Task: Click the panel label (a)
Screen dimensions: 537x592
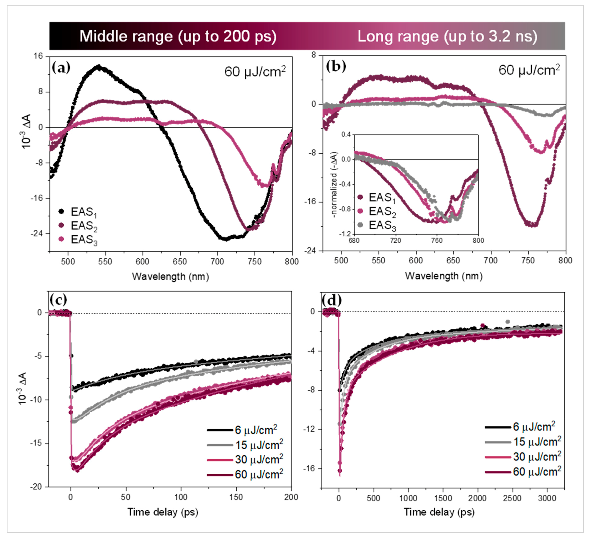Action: tap(61, 68)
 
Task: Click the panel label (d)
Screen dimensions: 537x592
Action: tap(332, 300)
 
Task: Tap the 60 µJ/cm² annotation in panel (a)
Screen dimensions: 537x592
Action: tap(255, 71)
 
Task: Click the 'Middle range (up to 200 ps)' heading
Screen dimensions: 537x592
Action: tap(178, 36)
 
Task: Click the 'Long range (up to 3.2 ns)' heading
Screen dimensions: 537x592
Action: tap(447, 36)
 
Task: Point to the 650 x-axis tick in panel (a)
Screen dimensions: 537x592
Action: tap(180, 261)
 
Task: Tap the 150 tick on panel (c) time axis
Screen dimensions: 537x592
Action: tap(236, 497)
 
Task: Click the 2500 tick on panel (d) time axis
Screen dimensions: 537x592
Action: tap(512, 498)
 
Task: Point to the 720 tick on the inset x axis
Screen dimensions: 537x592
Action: tap(395, 240)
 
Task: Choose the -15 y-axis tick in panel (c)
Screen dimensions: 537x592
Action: tap(36, 443)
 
